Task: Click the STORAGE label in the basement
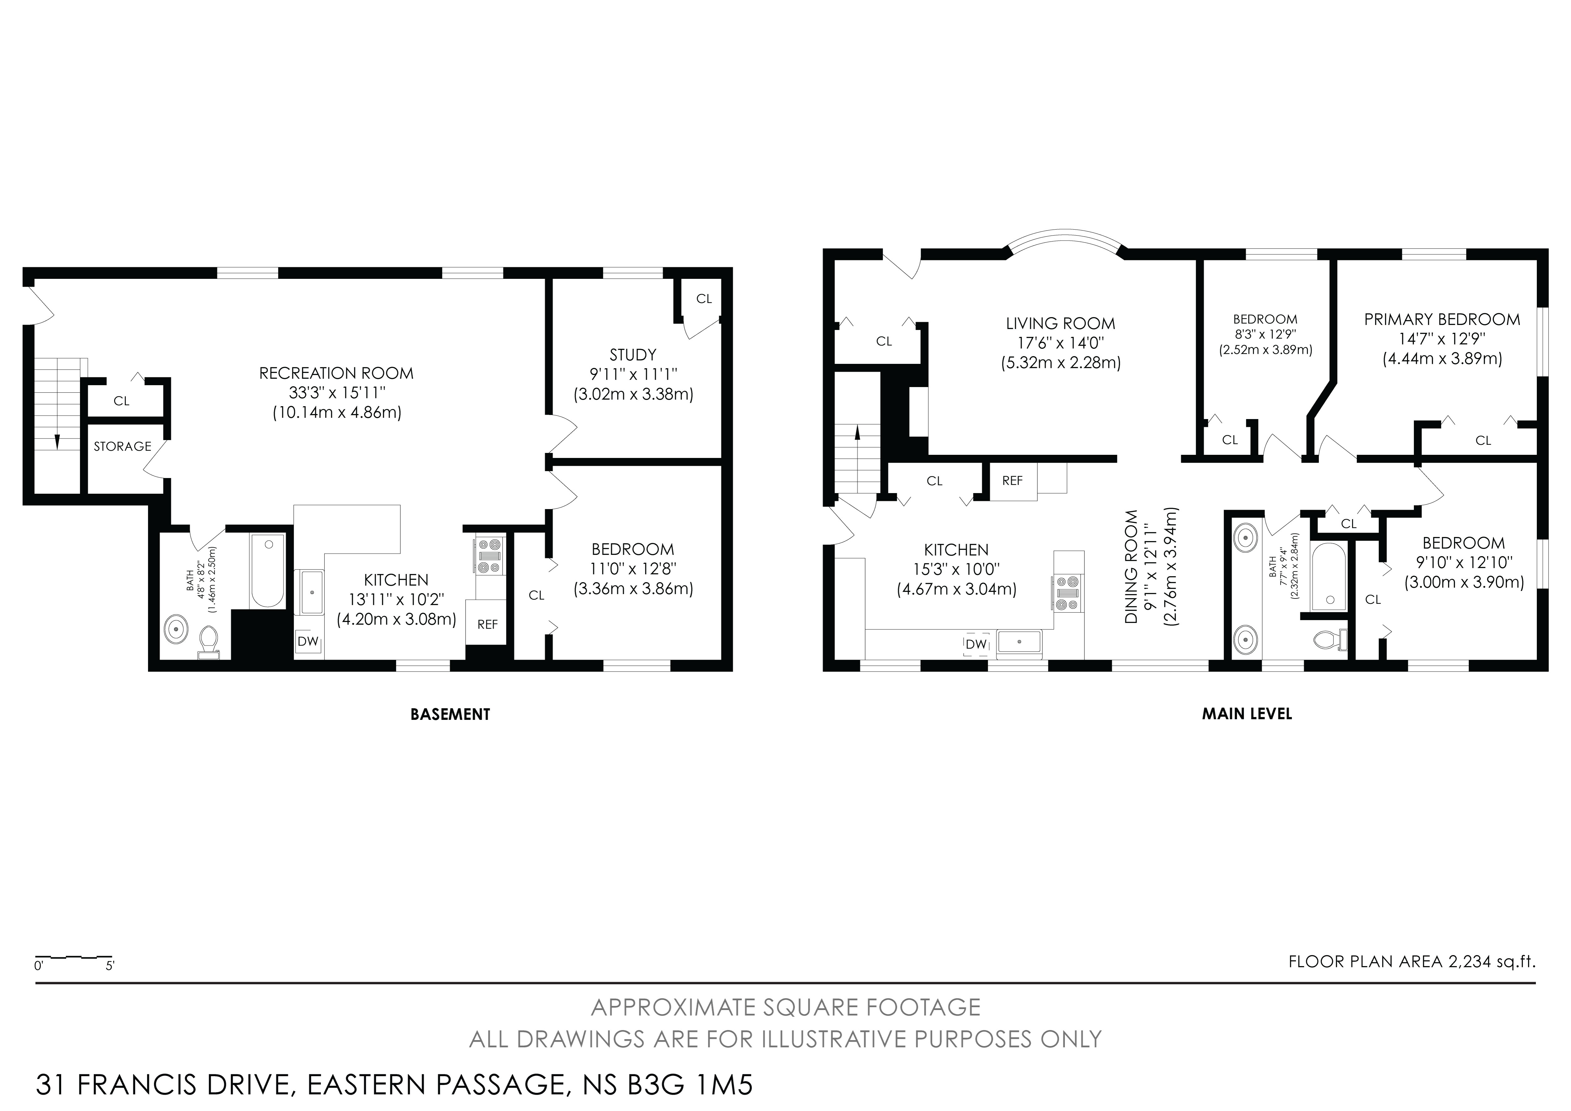pos(123,446)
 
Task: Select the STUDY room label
pos(633,354)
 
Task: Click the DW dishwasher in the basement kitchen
pos(308,641)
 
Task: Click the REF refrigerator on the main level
pos(1013,481)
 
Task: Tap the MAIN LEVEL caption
pos(1247,714)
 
